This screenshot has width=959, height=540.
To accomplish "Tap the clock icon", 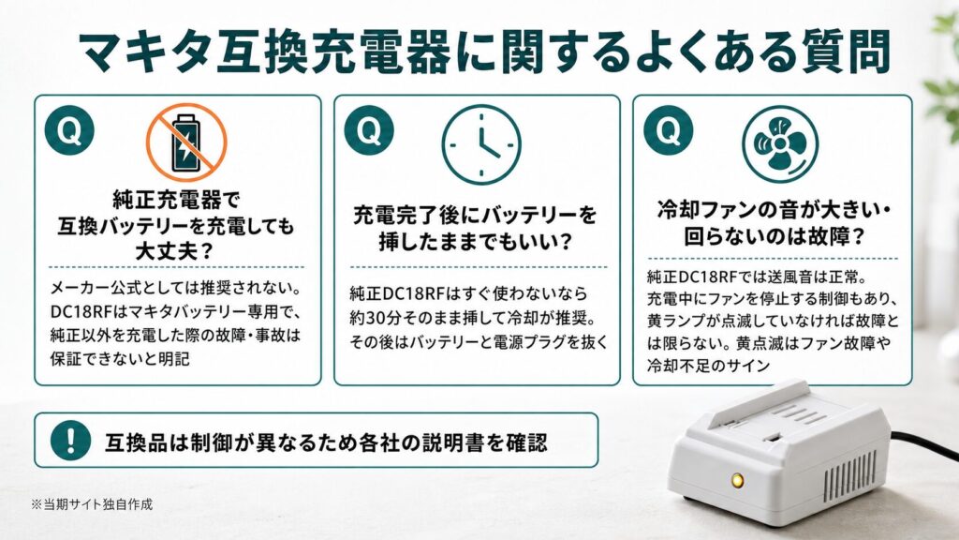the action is pos(481,144).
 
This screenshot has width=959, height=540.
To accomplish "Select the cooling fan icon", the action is pos(780,144).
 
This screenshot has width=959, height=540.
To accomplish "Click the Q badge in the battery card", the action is pos(69,129).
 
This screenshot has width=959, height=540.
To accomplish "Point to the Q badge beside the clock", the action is pos(369,129).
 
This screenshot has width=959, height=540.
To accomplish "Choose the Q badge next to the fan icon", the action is pos(668,129).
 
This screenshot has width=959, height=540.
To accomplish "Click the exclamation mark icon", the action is pos(71,441).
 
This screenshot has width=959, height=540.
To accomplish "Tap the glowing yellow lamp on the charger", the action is pos(738,480).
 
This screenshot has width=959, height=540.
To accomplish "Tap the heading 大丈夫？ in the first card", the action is pos(174,251).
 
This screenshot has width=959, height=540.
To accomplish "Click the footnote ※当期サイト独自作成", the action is pos(92,504).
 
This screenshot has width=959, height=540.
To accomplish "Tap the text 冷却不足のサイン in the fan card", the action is pos(708,366).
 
